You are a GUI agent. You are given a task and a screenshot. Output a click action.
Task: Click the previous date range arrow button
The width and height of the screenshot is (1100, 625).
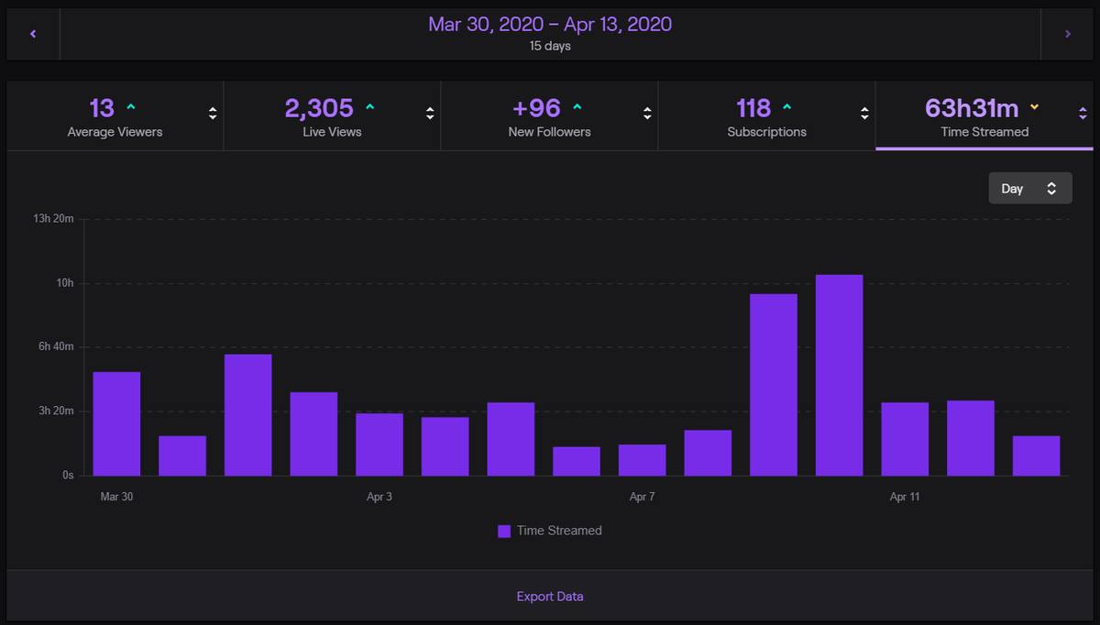point(33,34)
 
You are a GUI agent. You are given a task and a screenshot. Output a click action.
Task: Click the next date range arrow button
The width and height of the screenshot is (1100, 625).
point(1067,34)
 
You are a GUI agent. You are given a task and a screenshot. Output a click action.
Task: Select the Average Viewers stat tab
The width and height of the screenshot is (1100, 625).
point(115,117)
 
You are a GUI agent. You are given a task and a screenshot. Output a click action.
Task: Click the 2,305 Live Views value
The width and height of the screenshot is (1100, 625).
point(319,108)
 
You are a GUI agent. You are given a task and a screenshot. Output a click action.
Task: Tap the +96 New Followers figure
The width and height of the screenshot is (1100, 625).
point(536,108)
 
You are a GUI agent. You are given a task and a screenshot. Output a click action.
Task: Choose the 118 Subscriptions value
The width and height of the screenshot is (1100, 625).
point(753,108)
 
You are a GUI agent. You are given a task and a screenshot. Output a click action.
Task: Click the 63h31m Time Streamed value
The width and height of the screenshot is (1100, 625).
point(972,108)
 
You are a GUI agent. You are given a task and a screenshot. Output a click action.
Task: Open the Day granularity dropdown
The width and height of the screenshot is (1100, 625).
point(1029,188)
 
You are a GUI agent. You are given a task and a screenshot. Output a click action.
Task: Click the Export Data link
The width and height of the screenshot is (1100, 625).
point(550,597)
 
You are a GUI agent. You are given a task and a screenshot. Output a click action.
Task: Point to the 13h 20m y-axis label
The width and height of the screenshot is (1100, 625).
point(52,219)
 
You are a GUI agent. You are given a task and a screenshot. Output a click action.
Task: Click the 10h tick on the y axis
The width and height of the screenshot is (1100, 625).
point(64,283)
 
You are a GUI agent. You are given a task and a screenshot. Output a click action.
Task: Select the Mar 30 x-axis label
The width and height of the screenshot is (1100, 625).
point(116,497)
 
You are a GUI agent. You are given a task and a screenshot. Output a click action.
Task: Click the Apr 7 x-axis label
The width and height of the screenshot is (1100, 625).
point(642,497)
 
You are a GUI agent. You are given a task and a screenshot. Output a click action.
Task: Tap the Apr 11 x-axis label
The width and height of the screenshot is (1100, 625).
point(904,497)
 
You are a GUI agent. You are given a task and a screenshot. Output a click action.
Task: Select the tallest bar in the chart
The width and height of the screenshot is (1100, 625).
point(839,376)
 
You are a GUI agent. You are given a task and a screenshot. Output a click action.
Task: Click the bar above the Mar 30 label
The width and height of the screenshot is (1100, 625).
point(116,423)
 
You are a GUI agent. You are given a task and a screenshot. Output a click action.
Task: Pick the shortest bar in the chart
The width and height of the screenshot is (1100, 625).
point(577,461)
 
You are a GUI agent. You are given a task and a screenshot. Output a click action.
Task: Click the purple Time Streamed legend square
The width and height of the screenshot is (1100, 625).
point(504,531)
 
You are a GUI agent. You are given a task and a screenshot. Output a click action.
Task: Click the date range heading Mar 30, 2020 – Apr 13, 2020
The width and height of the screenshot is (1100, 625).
point(550,24)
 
